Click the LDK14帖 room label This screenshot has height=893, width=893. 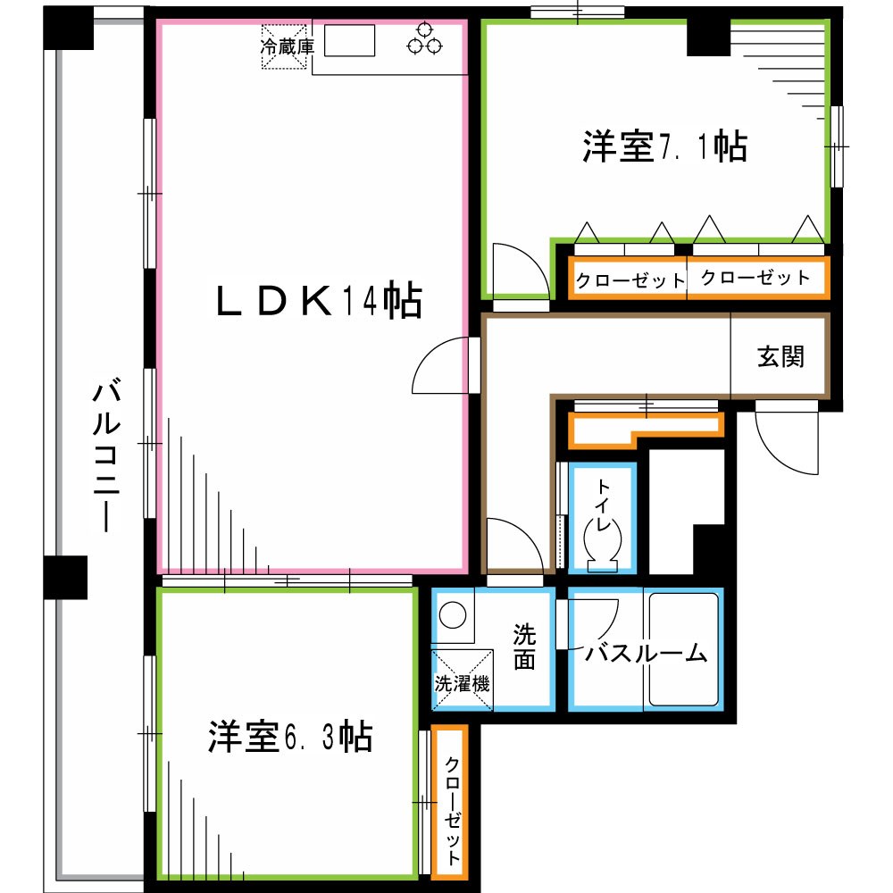[318, 302]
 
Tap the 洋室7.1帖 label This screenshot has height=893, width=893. [664, 146]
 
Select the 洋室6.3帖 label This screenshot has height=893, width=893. [290, 737]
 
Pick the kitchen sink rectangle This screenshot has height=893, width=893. [349, 41]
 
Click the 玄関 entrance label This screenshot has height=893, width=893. [781, 355]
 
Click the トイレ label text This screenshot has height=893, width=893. [605, 505]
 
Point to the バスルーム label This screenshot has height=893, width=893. [646, 654]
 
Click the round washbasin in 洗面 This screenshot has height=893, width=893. [454, 617]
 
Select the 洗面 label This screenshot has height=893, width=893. [524, 647]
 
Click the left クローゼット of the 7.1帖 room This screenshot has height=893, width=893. [629, 280]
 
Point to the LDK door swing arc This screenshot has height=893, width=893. [440, 366]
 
